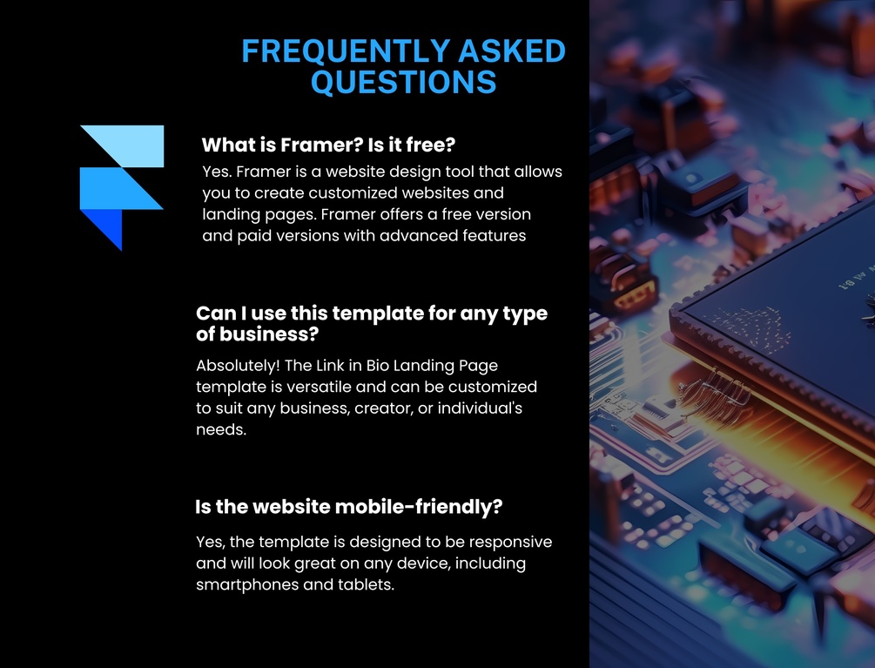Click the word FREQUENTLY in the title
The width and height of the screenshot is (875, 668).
pyautogui.click(x=346, y=51)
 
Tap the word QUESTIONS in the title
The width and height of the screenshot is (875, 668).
pyautogui.click(x=403, y=82)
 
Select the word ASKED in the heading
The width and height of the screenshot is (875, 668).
pyautogui.click(x=512, y=51)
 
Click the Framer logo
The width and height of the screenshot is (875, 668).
pyautogui.click(x=122, y=188)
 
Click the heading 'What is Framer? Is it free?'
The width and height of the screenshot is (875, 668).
pyautogui.click(x=329, y=145)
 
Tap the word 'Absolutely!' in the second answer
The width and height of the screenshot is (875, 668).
pyautogui.click(x=238, y=366)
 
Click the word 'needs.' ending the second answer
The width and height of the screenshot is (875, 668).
pyautogui.click(x=221, y=429)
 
